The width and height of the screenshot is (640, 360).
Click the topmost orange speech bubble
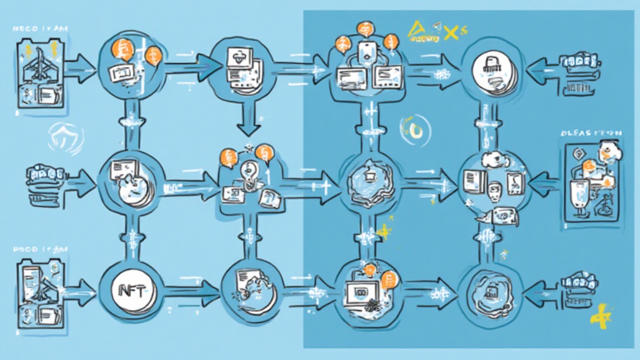click(365, 28)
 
